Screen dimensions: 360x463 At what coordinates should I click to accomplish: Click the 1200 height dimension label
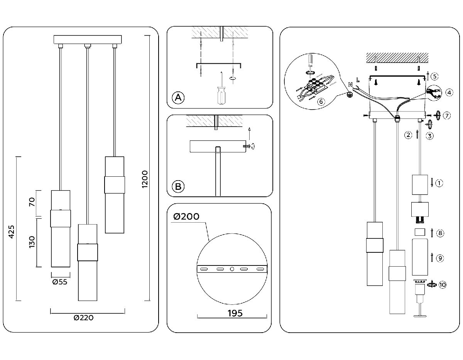(145, 179)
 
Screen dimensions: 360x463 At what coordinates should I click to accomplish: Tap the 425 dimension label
(11, 232)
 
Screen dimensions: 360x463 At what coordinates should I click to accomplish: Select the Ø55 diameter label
(59, 282)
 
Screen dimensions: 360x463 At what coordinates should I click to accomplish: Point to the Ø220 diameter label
(84, 318)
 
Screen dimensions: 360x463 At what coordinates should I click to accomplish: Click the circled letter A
(178, 98)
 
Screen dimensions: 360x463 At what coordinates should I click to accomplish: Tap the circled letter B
(178, 187)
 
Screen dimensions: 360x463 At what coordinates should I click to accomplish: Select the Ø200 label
(186, 217)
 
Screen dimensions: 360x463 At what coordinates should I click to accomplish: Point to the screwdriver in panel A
(221, 94)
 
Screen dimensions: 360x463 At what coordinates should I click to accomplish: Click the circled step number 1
(439, 183)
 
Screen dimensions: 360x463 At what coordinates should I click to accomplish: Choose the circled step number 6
(319, 101)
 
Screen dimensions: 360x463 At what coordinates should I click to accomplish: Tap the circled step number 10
(442, 285)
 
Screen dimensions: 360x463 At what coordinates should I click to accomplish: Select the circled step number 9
(439, 258)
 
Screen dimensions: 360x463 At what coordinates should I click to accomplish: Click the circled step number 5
(434, 76)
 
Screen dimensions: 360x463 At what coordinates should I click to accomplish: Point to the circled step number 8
(440, 233)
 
